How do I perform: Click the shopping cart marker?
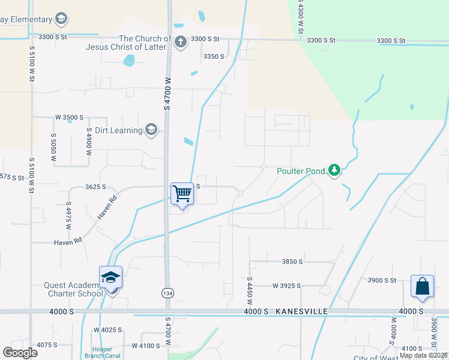pos(182,194)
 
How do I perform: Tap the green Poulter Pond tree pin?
pos(335,172)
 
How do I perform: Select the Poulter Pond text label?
pos(300,171)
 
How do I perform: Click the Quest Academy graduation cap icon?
pos(111,277)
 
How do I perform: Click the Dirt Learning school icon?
pos(151,130)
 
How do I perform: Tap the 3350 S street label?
pos(214,56)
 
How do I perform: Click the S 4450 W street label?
pos(248,289)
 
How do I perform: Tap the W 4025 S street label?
pos(107,330)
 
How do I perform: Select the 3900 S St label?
pos(382,280)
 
